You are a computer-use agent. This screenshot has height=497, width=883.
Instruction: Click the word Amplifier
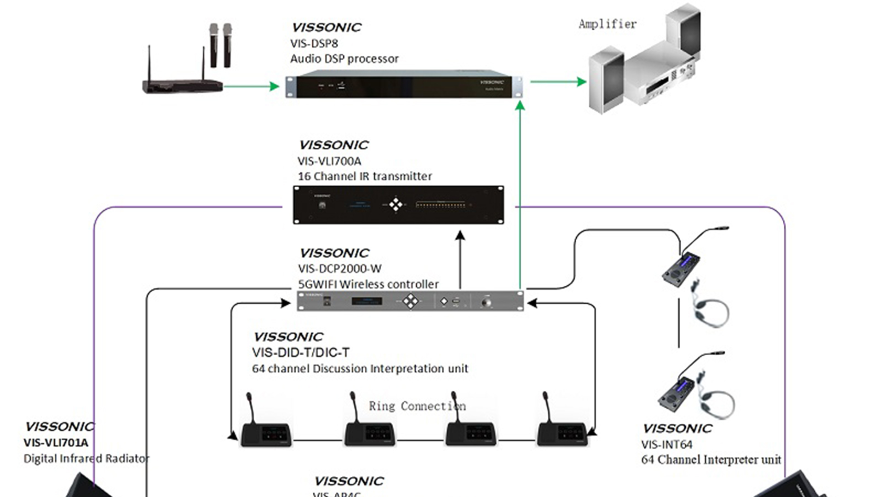coord(607,24)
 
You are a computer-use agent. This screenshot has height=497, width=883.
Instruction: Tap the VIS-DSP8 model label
coord(314,44)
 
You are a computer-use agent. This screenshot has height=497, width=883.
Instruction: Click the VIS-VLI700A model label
coord(329,162)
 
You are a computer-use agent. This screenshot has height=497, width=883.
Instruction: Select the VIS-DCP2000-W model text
coord(340,269)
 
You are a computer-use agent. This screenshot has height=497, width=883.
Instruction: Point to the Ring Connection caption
coord(417,406)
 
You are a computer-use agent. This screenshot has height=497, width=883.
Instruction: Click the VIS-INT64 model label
coord(667,445)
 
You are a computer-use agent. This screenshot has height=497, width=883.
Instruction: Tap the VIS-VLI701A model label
coord(56,443)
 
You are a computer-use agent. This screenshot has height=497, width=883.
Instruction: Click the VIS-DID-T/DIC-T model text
coord(301,353)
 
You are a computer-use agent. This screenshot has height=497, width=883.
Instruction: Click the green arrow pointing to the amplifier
coord(558,82)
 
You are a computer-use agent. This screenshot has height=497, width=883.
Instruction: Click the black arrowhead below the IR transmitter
coord(460,236)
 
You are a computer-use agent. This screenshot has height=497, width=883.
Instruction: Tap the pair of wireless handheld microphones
coord(220,45)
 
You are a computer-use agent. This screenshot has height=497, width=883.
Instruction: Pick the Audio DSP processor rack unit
coord(404,86)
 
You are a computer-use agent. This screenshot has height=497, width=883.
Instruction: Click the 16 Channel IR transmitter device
coord(398,205)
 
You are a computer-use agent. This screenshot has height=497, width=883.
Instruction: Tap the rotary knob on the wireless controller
coord(486,302)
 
